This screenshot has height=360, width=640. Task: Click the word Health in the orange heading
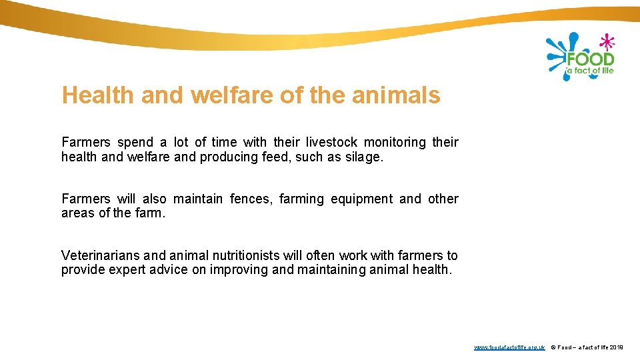point(97,95)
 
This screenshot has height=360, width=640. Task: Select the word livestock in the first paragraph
point(331,142)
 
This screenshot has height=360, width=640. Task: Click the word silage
point(366,157)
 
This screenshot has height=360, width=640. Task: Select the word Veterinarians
point(101,255)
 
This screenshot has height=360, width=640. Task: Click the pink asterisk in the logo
point(606,43)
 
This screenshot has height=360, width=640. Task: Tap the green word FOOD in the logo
point(590,59)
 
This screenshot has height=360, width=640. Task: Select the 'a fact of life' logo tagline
point(590,71)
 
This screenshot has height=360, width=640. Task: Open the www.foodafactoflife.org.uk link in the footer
point(509,347)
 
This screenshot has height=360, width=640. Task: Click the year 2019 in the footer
point(616,347)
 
